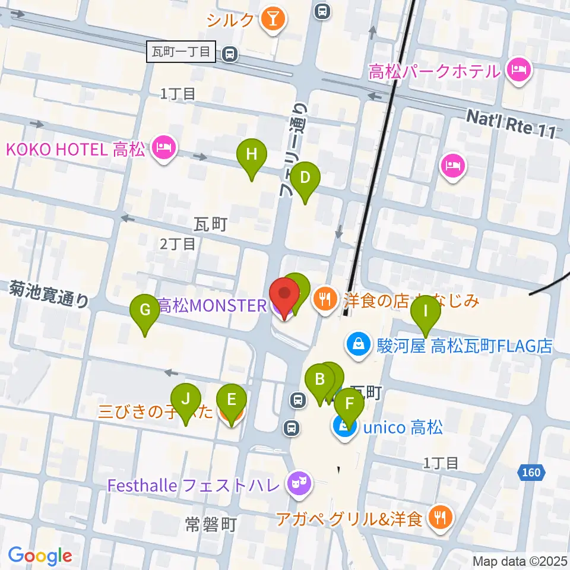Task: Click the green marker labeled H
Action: pyautogui.click(x=252, y=156)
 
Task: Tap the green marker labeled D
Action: pyautogui.click(x=305, y=178)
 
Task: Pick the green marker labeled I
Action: pyautogui.click(x=426, y=312)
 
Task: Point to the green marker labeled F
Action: pyautogui.click(x=349, y=407)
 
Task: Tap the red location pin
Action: pyautogui.click(x=284, y=296)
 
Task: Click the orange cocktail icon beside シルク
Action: pyautogui.click(x=273, y=20)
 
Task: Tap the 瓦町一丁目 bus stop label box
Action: pyautogui.click(x=180, y=52)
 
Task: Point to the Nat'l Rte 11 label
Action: pyautogui.click(x=512, y=123)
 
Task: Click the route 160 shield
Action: pyautogui.click(x=532, y=473)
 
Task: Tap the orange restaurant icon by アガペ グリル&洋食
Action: pyautogui.click(x=440, y=519)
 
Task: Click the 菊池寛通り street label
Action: pyautogui.click(x=49, y=294)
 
